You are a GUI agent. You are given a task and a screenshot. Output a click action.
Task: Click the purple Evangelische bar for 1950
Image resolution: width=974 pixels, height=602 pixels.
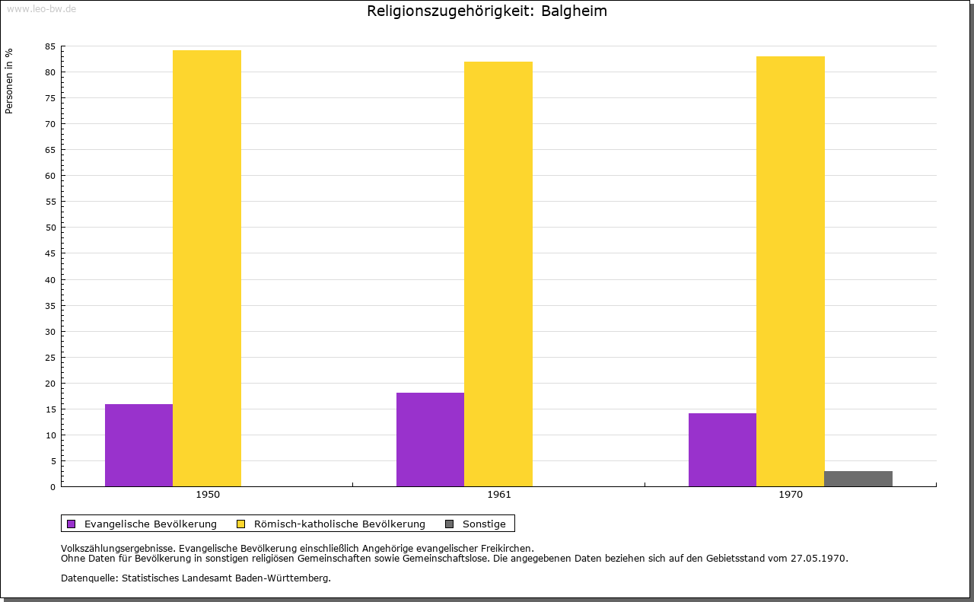coord(138,445)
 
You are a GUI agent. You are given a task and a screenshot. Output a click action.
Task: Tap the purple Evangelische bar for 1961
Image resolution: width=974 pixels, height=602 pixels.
coord(430,439)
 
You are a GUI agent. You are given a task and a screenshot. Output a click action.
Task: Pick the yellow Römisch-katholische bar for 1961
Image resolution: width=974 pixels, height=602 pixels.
coord(498,274)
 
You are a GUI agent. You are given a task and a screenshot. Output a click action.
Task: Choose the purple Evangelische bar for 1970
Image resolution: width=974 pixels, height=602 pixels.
coord(722,450)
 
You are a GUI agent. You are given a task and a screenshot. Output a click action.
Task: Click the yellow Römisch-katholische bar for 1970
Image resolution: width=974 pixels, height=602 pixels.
coord(790,271)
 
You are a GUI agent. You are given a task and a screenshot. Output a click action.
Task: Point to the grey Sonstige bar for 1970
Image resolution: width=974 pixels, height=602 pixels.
coord(858,479)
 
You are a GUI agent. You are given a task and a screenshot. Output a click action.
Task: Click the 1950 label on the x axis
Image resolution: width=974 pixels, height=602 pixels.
coord(208,495)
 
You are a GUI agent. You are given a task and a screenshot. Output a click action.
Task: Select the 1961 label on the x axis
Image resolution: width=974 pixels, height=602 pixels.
coord(499,495)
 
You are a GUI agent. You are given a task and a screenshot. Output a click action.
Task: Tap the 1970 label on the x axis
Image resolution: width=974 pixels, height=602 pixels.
coord(791,495)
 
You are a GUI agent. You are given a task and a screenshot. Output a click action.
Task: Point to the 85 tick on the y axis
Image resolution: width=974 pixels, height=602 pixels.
coord(50,46)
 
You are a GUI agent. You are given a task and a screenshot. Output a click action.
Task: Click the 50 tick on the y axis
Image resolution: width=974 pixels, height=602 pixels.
coord(50,228)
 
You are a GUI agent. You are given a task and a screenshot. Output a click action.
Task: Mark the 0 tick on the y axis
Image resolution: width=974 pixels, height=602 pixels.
coord(53,487)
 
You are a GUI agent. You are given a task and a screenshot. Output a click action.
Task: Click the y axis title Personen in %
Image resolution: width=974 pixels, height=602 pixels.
coord(9,81)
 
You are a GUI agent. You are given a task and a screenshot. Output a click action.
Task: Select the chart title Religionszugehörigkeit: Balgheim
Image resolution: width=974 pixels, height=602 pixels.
coord(487,11)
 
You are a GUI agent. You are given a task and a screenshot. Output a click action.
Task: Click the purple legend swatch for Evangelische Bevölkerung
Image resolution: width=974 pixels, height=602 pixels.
coord(72,524)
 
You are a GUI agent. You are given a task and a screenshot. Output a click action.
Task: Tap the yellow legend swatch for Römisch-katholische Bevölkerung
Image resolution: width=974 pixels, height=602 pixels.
coord(241,524)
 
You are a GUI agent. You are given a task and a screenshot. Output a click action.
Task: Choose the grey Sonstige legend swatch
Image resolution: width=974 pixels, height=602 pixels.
coord(449,524)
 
